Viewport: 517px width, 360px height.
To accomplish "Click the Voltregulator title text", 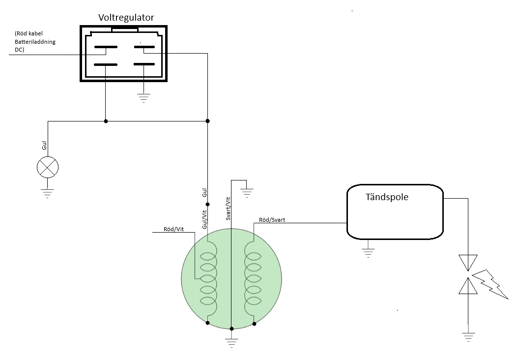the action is [x=126, y=18].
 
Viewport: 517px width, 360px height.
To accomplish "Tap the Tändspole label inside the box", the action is [x=387, y=197].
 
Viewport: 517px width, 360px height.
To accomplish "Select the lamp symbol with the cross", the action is [x=48, y=167].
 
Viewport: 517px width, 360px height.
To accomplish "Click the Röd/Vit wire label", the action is [x=174, y=229].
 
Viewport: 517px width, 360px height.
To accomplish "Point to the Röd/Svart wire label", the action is [x=272, y=220].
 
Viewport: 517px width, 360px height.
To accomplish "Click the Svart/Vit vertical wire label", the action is [x=228, y=209].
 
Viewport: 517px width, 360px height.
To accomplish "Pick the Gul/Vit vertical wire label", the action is [x=204, y=219].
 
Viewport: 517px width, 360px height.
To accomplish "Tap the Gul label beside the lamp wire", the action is [x=45, y=145].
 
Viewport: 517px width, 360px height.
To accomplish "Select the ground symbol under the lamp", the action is [x=48, y=193].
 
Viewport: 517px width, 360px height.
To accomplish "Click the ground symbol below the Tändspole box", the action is [x=368, y=253].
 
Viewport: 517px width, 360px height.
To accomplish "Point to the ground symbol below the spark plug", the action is [x=468, y=337].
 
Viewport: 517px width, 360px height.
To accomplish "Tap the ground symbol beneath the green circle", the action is [x=231, y=343].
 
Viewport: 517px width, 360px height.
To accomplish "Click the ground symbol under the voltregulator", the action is [x=144, y=98].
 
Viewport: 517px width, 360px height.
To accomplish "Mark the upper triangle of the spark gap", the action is [x=468, y=262].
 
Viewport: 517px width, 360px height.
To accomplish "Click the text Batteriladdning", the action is [x=35, y=42].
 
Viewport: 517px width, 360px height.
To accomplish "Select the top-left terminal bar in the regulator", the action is [x=106, y=47].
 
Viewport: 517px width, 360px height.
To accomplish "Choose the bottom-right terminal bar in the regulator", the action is [x=144, y=64].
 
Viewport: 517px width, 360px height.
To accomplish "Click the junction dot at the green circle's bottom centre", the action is [x=231, y=329].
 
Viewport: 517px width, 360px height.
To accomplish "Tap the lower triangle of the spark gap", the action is [x=468, y=286].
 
